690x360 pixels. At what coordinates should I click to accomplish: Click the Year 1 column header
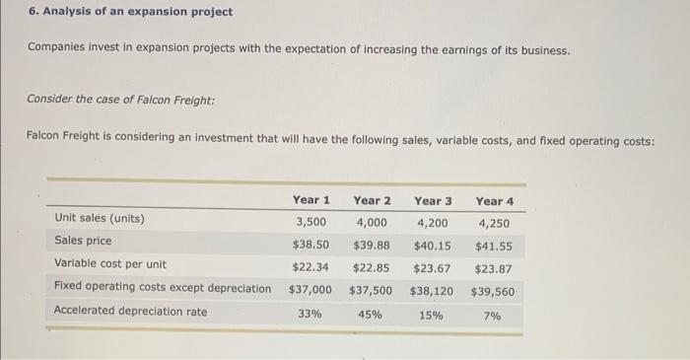pos(310,201)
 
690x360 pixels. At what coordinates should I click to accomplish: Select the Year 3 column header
pos(433,201)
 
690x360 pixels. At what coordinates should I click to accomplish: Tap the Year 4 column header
pos(494,201)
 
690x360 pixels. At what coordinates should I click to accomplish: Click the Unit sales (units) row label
pos(99,218)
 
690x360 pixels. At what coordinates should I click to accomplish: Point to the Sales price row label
pos(83,241)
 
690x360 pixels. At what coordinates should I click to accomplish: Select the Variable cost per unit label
pos(109,264)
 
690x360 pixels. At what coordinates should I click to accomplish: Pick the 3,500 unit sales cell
pos(311,220)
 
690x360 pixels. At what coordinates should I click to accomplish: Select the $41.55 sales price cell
pos(494,246)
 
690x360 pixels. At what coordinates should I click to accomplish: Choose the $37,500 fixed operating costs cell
pos(371,291)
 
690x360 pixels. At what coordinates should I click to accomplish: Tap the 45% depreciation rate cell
pos(372,316)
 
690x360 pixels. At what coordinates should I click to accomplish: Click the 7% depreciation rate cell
pos(494,316)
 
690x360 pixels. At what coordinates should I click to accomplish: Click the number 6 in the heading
pos(31,12)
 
